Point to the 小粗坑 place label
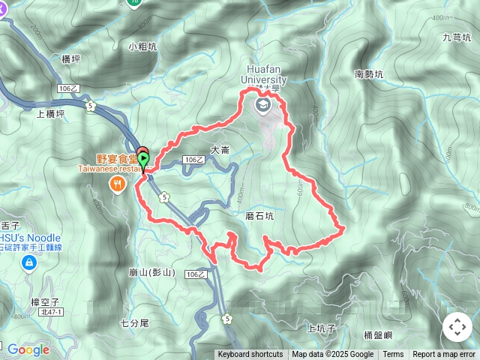(x=142, y=46)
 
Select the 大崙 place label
(x=220, y=150)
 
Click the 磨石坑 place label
(x=260, y=216)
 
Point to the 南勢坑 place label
(x=368, y=74)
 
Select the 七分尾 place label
(x=135, y=323)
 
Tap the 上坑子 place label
(x=322, y=328)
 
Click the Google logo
(x=28, y=349)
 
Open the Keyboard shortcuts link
(x=250, y=355)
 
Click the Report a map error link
(x=444, y=355)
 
